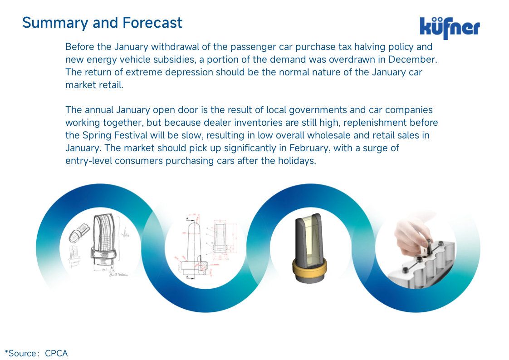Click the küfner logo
point(450,28)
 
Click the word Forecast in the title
point(152,23)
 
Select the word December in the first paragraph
point(412,59)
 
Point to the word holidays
point(297,161)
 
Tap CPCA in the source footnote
point(56,354)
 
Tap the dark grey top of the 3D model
point(308,241)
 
